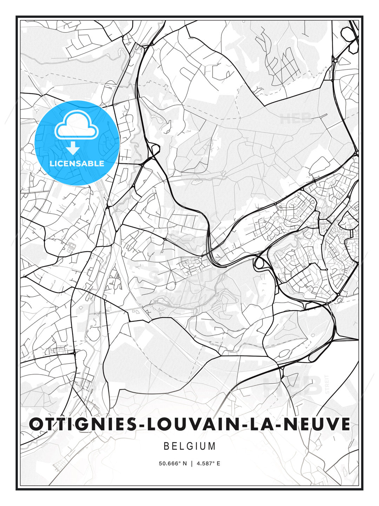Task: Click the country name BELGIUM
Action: [x=189, y=446]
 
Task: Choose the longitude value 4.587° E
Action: [x=208, y=463]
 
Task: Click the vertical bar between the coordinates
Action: [x=192, y=463]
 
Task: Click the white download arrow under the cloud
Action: [x=73, y=148]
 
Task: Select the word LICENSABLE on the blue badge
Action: [x=77, y=163]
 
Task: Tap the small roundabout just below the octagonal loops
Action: [x=335, y=60]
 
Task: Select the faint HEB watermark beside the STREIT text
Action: [x=293, y=385]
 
